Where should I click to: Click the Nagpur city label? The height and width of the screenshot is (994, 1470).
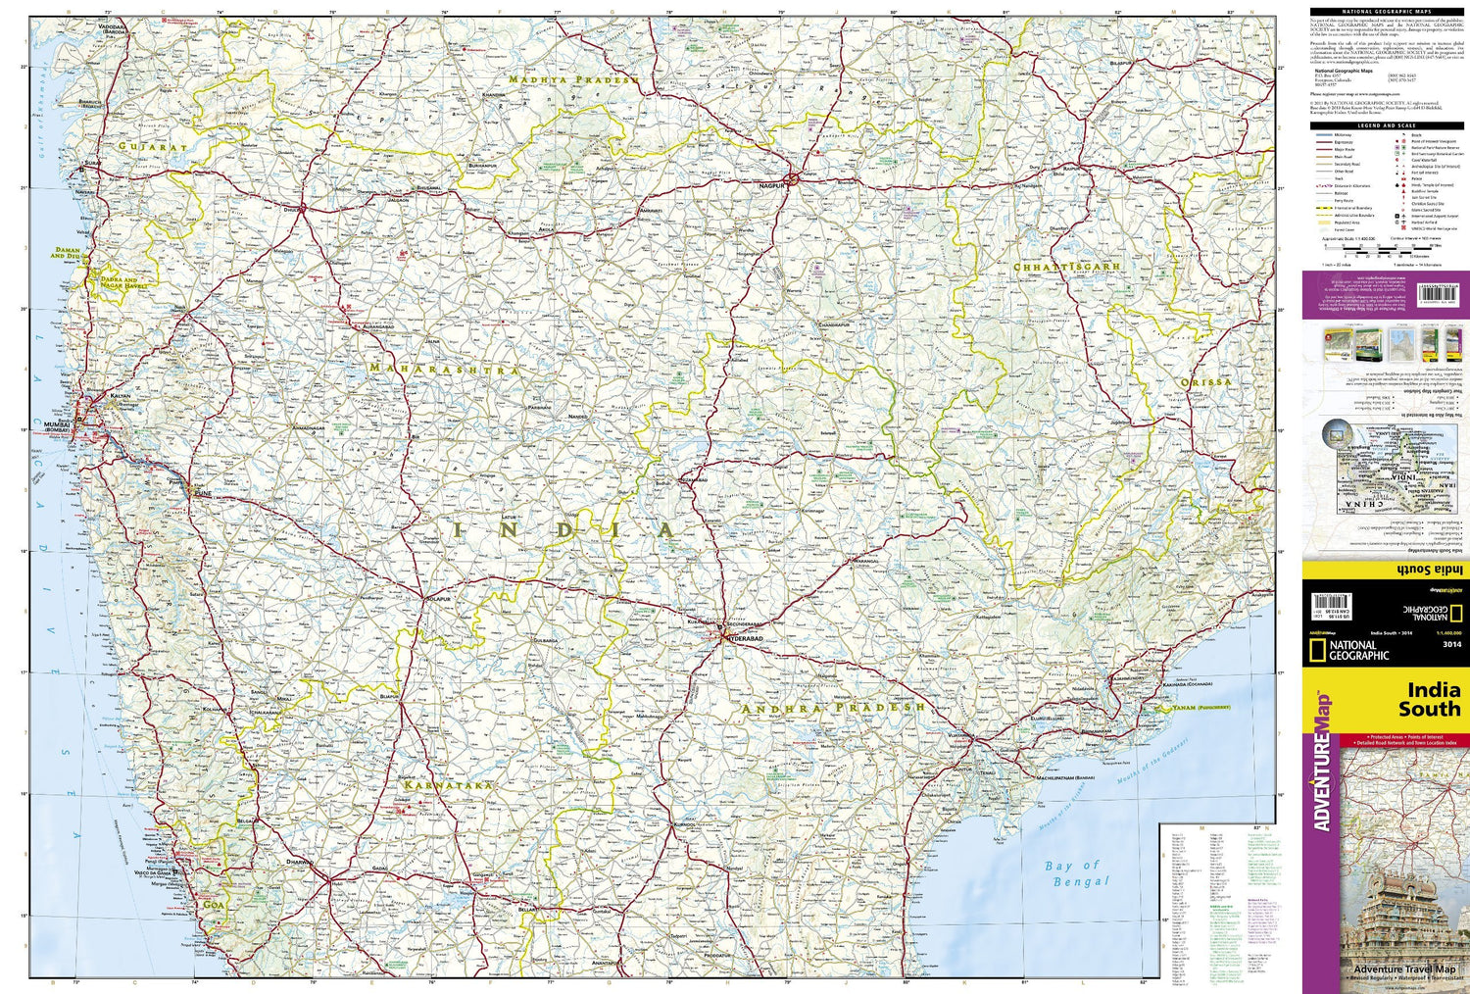coord(773,184)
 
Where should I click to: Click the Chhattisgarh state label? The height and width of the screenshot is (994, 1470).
coord(1066,267)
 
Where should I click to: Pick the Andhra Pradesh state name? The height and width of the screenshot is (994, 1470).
coord(833,708)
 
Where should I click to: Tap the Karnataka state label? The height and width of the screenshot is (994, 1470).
coord(447,785)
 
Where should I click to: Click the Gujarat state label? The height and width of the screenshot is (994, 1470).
coord(152,146)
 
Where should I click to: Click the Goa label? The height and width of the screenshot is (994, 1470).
coord(211,905)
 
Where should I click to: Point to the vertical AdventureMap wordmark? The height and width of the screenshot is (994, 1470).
coord(1323,761)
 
